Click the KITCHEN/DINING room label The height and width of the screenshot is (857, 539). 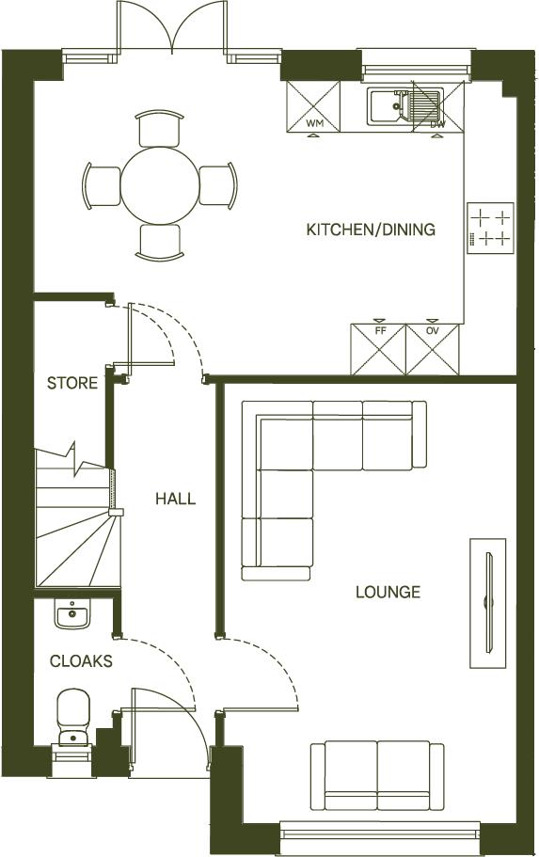(x=371, y=230)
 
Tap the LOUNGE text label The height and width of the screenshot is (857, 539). (x=388, y=592)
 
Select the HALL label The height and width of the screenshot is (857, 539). (x=176, y=498)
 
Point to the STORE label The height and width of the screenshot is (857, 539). (x=72, y=383)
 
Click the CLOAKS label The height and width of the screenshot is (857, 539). (x=81, y=661)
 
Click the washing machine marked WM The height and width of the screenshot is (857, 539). (x=314, y=106)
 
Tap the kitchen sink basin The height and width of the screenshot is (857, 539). (x=387, y=105)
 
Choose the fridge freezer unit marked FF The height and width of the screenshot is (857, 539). (x=378, y=350)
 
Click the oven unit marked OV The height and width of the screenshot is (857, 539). (x=434, y=350)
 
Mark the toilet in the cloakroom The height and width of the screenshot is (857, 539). (x=72, y=717)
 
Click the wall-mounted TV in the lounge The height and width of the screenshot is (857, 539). (x=488, y=603)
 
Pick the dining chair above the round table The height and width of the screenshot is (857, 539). (x=158, y=128)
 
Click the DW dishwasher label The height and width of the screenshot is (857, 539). (x=437, y=123)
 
